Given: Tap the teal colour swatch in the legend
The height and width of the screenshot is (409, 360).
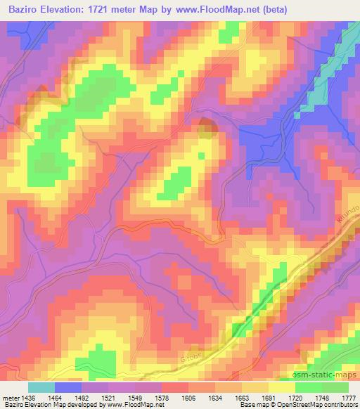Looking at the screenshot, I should [x=41, y=387].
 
